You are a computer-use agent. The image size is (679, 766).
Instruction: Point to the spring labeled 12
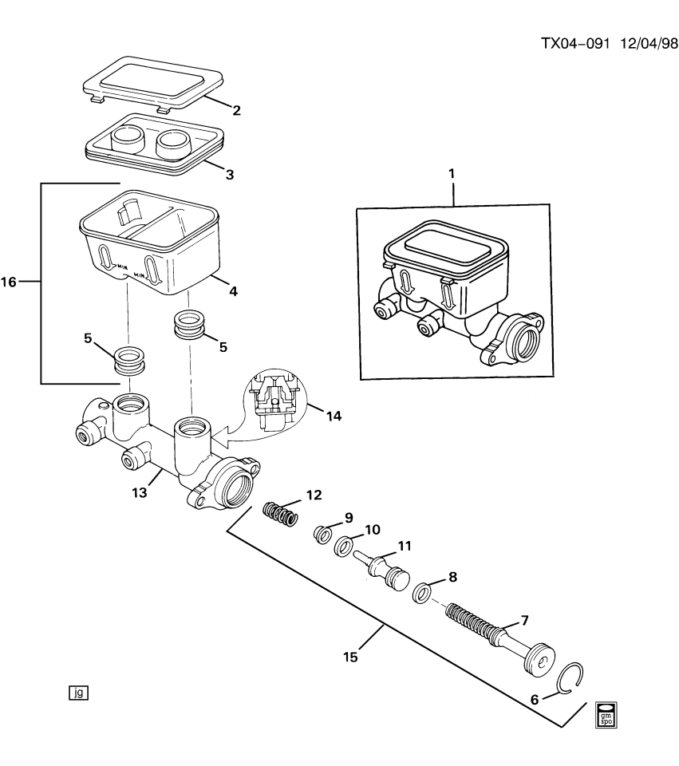[281, 513]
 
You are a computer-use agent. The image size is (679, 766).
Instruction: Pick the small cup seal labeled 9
[323, 533]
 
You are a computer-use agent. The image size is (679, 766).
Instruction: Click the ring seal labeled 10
[342, 547]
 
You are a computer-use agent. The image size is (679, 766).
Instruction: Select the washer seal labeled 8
[423, 593]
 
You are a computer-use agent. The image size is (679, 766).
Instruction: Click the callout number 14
[334, 415]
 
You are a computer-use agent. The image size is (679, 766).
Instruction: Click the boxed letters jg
[77, 693]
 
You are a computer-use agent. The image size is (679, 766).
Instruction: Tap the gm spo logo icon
[606, 714]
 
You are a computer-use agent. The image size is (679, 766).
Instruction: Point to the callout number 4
[232, 291]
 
